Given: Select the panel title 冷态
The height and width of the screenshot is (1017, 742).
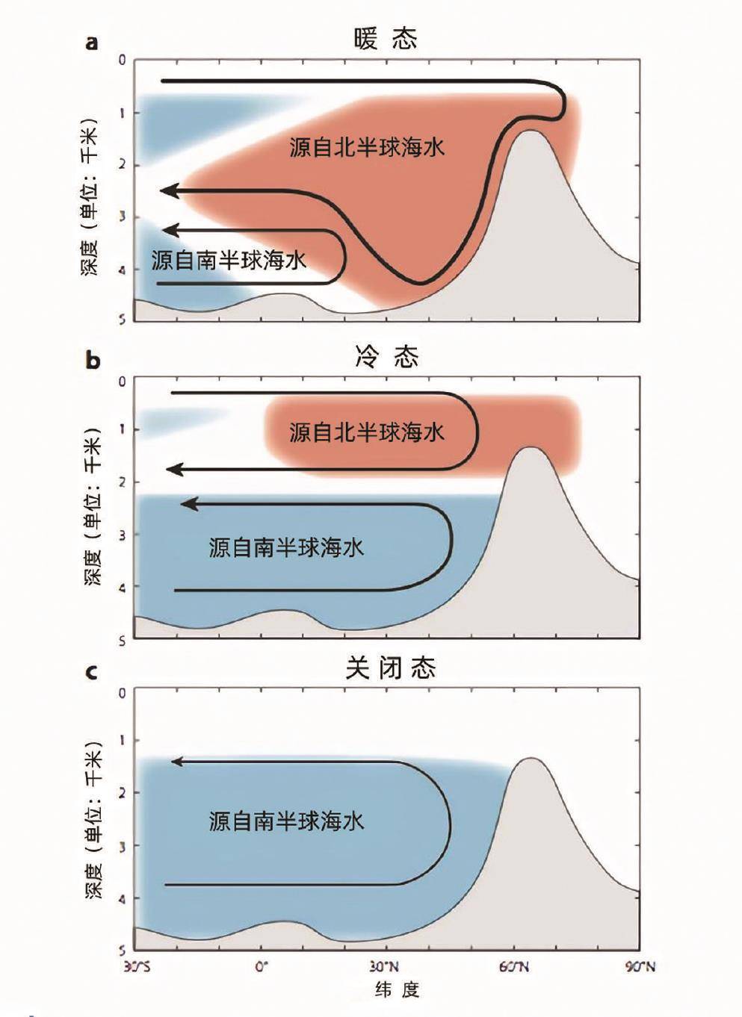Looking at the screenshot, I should tap(386, 358).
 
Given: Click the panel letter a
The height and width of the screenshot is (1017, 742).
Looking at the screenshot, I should tap(92, 43).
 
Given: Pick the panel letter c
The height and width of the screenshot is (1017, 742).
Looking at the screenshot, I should tap(92, 672).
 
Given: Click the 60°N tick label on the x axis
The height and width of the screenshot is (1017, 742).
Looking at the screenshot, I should tap(514, 968).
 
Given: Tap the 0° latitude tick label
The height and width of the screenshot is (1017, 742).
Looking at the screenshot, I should tap(262, 968).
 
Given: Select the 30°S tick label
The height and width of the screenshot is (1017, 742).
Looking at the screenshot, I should tap(136, 968).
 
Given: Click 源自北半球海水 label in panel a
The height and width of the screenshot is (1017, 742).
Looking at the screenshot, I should tap(367, 147).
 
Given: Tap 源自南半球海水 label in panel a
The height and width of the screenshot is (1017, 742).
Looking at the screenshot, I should tap(229, 261).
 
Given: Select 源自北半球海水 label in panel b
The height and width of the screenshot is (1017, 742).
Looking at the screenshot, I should tap(367, 432).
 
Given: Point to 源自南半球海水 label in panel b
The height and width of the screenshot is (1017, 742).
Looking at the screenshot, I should tap(286, 548).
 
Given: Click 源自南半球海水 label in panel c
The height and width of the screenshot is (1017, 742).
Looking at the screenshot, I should tap(286, 822).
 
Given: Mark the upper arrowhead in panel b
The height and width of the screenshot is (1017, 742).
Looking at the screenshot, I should tap(173, 470).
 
